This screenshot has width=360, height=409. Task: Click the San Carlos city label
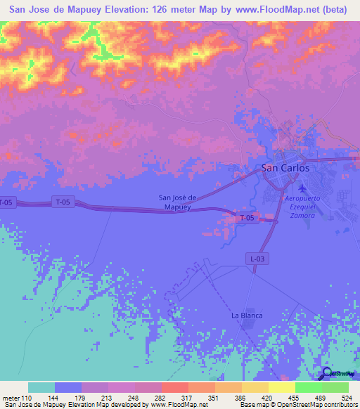(x=285, y=168)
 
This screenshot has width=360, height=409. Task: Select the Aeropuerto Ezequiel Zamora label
(x=302, y=208)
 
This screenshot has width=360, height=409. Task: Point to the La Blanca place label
(x=247, y=316)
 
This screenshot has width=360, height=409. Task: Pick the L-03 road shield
(x=257, y=259)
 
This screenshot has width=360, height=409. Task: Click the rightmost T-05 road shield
(x=246, y=219)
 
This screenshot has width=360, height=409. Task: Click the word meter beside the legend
(x=12, y=397)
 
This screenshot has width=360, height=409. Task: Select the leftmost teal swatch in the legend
(x=41, y=387)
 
